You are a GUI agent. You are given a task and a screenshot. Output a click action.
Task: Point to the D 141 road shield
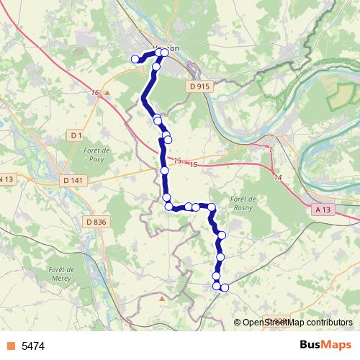74,179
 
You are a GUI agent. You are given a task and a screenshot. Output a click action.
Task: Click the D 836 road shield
95,222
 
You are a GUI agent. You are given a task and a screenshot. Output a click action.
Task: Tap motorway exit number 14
278,176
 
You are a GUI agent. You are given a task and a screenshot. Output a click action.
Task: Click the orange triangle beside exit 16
107,93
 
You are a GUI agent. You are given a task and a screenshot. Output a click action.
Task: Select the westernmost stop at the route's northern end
135,59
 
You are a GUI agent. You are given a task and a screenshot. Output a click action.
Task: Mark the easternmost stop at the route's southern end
225,288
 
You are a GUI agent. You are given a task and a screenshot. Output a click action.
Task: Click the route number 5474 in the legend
33,346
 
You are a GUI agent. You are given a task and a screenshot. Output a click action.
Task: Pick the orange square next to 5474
10,346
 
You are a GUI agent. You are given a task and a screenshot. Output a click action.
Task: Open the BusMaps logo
325,345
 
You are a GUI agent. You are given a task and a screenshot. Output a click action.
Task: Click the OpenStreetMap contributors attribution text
297,323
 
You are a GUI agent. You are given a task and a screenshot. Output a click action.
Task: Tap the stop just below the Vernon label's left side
156,66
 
